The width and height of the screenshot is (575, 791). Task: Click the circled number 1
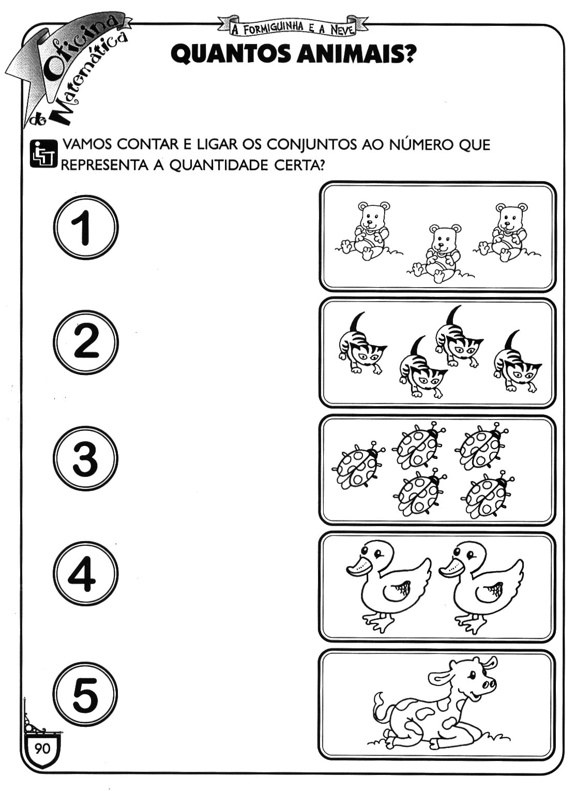point(86,228)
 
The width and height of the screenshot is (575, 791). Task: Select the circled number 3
point(86,458)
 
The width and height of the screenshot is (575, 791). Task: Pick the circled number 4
point(86,574)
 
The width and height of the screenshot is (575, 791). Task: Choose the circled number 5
point(86,690)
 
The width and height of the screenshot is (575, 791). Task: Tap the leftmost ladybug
point(358,466)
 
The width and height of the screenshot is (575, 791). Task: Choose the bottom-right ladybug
point(488,495)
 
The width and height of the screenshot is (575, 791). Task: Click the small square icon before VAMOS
point(43,154)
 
